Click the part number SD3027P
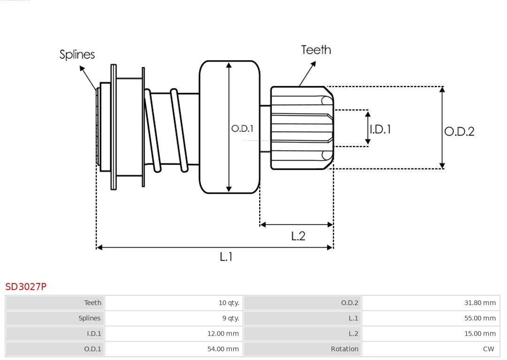26,286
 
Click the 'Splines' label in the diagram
77,54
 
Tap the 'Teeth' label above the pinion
316,50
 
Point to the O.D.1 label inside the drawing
242,128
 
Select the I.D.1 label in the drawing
380,129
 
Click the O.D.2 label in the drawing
459,131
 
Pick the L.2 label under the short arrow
298,236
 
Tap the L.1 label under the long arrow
226,256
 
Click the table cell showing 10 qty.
229,303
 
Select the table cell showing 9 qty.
230,318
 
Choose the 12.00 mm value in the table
223,334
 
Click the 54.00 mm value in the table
223,349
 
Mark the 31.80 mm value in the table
480,303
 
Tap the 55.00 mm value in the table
480,318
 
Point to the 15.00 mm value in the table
480,334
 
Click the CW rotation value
488,349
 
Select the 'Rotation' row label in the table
344,349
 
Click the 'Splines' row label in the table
89,318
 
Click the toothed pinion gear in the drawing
300,128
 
